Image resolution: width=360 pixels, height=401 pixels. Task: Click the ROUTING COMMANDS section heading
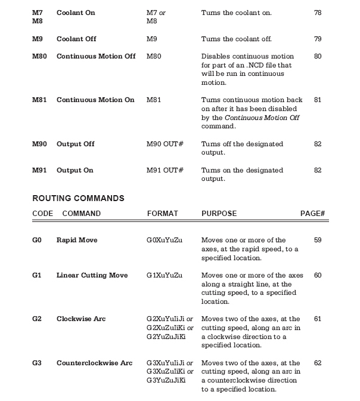click(x=77, y=198)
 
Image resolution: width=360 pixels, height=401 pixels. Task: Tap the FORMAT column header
click(x=162, y=213)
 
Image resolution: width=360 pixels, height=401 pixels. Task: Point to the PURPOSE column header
click(x=219, y=213)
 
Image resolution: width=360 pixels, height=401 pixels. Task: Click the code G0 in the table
click(x=37, y=240)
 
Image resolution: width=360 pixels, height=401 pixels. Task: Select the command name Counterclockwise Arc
click(x=94, y=363)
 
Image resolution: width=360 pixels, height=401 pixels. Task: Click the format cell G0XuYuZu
click(x=165, y=240)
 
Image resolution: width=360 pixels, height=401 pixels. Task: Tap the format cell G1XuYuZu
click(x=165, y=275)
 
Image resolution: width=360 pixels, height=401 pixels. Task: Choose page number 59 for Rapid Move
click(x=318, y=240)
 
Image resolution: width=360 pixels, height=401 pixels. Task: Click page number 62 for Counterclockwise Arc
click(x=318, y=363)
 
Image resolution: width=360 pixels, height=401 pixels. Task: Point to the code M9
click(x=36, y=39)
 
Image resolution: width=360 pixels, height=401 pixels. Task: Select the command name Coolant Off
click(x=76, y=39)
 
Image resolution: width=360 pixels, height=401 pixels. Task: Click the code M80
click(x=39, y=56)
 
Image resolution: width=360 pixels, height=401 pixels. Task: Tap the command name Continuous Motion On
click(x=95, y=100)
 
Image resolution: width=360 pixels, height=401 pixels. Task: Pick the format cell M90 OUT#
click(x=165, y=144)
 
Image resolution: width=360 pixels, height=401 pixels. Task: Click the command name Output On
click(x=75, y=170)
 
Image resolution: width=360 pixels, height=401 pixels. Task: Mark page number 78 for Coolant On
click(x=318, y=13)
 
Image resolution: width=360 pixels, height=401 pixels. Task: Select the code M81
click(x=39, y=100)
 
